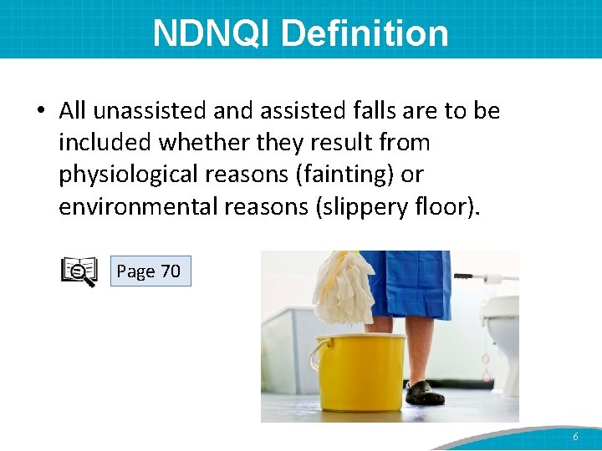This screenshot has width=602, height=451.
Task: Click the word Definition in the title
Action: [365, 33]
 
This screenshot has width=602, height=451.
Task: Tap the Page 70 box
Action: [150, 271]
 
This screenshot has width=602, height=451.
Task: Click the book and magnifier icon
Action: [79, 272]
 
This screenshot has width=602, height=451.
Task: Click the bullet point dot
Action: [41, 112]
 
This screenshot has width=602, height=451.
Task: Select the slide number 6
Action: [575, 438]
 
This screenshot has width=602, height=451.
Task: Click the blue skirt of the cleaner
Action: [410, 284]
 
